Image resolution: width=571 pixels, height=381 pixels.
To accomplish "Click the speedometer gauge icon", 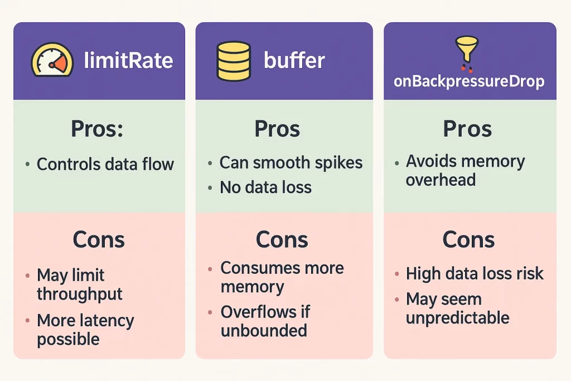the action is (52, 60).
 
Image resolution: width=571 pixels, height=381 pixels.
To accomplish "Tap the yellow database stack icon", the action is (234, 61).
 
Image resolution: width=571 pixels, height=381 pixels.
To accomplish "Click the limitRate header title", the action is (128, 60).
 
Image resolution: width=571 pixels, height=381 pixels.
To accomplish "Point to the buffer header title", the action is (294, 60).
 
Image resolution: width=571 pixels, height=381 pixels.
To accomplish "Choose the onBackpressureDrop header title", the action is (469, 81).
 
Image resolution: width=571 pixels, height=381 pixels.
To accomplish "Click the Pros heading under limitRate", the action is (97, 128).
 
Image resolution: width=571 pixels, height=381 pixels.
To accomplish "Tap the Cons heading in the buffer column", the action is (282, 240).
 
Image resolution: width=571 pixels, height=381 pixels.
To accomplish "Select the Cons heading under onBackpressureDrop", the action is (468, 240).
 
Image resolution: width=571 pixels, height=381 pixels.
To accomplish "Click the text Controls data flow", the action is (105, 164).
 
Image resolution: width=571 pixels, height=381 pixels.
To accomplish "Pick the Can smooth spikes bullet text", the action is (291, 162).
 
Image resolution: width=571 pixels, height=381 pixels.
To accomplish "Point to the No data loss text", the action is (265, 187).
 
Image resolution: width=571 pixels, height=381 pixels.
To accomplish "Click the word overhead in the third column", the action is (441, 180).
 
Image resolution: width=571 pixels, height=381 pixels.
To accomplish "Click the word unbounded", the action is (264, 331).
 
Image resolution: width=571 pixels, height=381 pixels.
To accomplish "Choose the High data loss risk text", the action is (475, 273).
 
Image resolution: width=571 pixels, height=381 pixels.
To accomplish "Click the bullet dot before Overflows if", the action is (210, 312).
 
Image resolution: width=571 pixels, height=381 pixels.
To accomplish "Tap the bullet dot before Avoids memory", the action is (396, 163).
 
